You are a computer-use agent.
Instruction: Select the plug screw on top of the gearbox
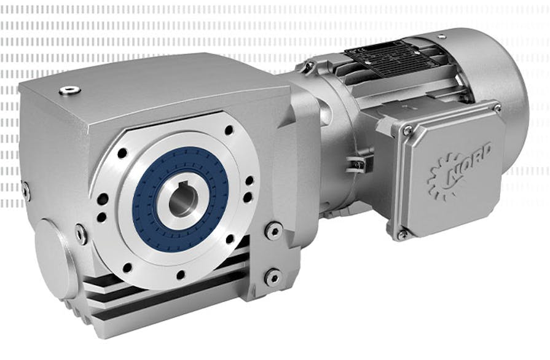click(69, 91)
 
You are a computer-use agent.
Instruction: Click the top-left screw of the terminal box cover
click(407, 130)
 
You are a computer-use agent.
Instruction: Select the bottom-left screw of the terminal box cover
click(403, 234)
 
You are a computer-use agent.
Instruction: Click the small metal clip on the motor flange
click(359, 163)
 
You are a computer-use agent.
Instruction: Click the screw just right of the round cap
click(81, 233)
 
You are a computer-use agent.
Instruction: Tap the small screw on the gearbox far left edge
click(25, 190)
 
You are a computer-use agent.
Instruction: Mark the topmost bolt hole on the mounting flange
click(229, 130)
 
